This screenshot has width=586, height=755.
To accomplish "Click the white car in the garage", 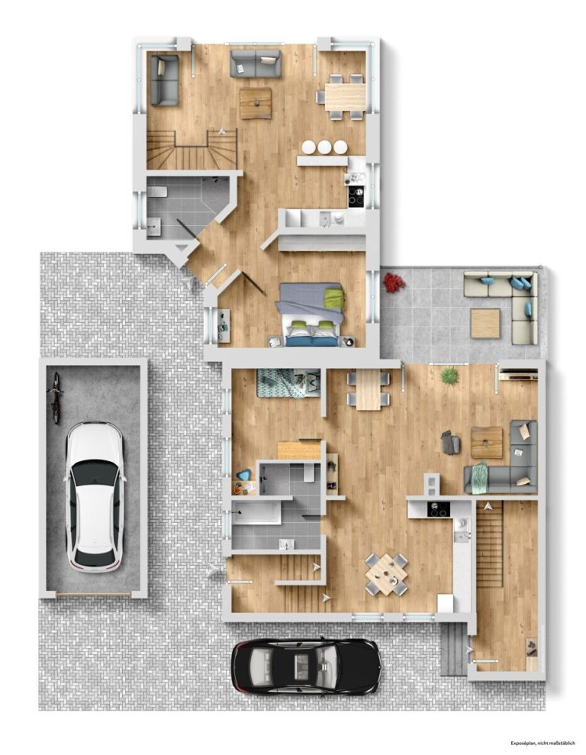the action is coord(95,496).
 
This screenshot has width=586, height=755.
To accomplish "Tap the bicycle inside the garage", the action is coord(56,398).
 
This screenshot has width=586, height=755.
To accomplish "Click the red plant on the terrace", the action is coord(394,282).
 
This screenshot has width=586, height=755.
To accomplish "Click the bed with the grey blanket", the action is coord(311,315).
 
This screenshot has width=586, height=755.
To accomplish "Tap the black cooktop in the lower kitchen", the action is coord(438,509).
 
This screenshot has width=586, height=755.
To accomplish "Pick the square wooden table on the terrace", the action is coord(486,324).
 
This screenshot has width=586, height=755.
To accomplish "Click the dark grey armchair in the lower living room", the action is coord(451,442).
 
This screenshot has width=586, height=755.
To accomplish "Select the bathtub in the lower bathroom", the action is coord(256,511).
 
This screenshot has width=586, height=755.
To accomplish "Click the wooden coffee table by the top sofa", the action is coord(256,104).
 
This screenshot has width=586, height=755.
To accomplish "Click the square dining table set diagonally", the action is coord(386,574).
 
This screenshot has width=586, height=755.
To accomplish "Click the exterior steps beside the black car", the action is coord(453,649).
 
